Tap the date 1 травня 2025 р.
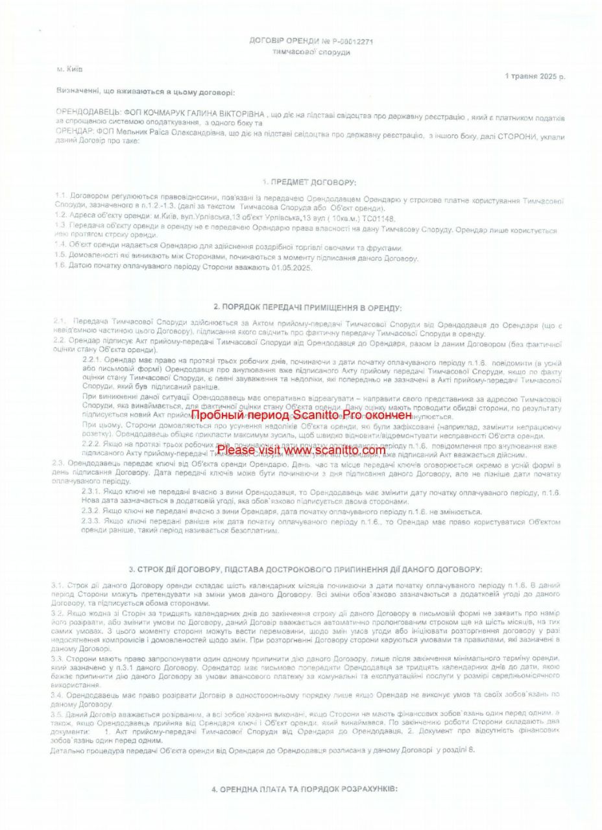tap(535, 76)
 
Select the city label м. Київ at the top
tap(70, 68)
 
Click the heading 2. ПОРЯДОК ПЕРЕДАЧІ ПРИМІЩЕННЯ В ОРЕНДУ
tap(307, 307)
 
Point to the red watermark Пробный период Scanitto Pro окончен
tap(301, 414)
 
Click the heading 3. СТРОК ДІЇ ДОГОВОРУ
tap(304, 569)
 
